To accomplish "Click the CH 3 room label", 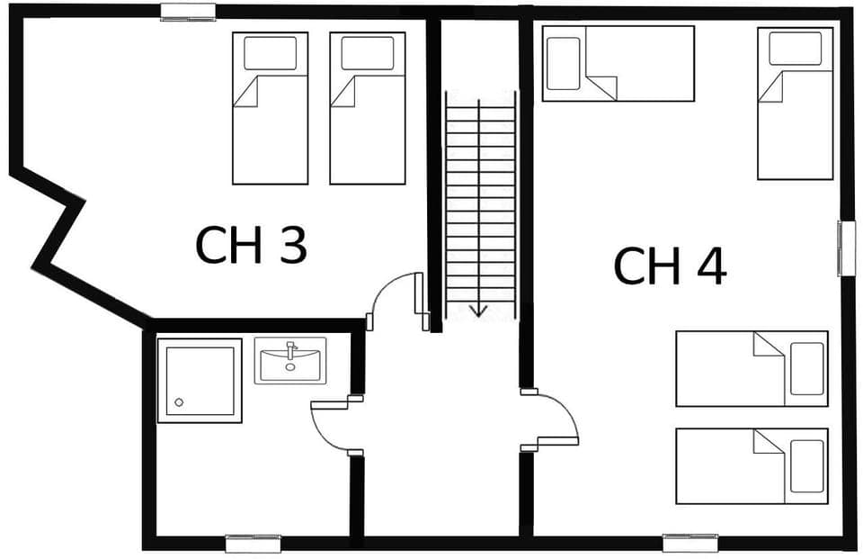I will click(x=251, y=245).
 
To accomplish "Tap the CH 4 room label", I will click(x=669, y=266).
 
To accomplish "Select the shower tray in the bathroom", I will click(x=199, y=380).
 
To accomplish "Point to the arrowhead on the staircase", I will click(x=478, y=311).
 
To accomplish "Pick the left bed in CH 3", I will click(x=270, y=108).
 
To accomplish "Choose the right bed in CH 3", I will click(x=367, y=108).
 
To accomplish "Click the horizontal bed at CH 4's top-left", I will click(x=618, y=63).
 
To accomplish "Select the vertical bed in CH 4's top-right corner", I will click(x=795, y=103).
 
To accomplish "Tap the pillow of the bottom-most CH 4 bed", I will click(x=806, y=465).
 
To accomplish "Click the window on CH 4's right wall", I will click(x=845, y=248).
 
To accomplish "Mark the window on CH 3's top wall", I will click(x=188, y=12).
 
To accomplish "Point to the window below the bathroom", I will click(x=253, y=543).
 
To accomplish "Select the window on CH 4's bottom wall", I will click(x=690, y=543).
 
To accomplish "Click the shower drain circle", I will click(x=179, y=402).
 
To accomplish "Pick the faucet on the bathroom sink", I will click(x=289, y=350).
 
